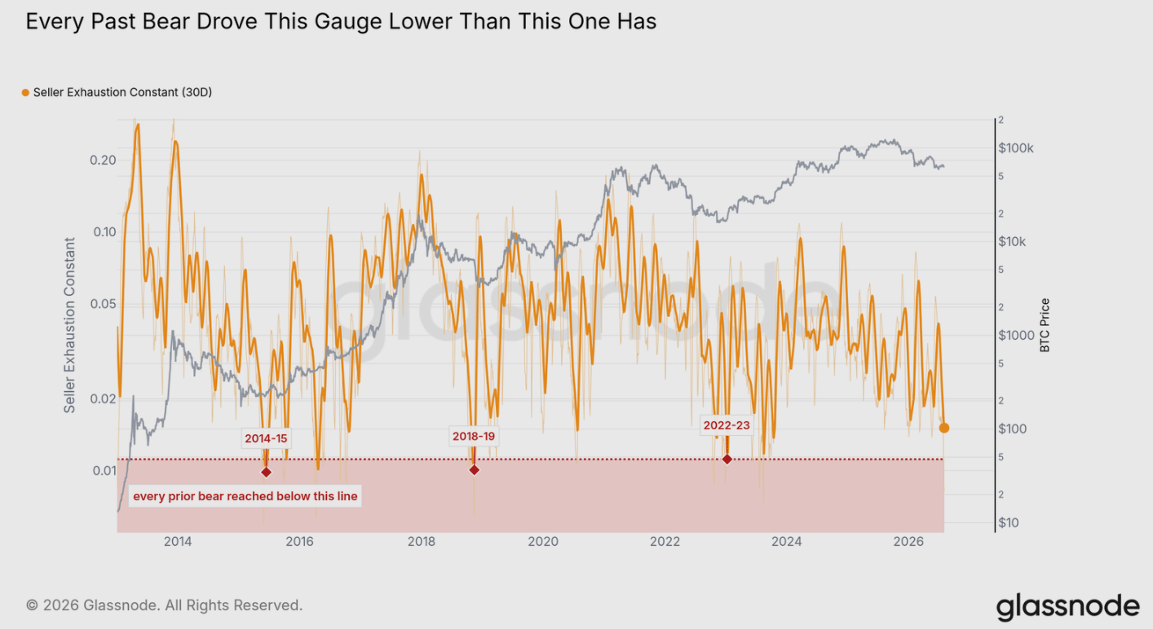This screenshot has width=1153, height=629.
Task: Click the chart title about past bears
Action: coord(341,22)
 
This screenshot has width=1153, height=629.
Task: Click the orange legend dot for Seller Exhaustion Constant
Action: coord(25,93)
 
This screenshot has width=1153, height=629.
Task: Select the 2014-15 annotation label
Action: coord(266,438)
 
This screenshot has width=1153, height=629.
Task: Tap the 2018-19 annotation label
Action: coord(474,436)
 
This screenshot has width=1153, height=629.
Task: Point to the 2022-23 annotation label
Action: coord(727,425)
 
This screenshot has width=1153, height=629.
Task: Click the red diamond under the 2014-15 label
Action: coord(266,472)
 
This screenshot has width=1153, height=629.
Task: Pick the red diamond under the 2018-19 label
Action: coord(474,469)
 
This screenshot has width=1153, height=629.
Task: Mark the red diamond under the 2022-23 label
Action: coord(727,459)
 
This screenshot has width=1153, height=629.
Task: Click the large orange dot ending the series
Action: coord(944,428)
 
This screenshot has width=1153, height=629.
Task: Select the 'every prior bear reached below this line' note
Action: coord(245,496)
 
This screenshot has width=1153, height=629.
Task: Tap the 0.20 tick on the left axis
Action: coord(103,160)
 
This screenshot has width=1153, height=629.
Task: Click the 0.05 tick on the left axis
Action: coord(103,303)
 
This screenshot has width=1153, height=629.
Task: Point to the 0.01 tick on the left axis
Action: coord(104,471)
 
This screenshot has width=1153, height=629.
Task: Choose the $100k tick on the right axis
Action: coord(1015,148)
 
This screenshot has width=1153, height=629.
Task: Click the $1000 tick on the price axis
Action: coord(1016,336)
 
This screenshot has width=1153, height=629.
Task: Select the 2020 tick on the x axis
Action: coord(543,541)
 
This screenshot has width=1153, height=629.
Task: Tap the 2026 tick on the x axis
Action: coord(908,541)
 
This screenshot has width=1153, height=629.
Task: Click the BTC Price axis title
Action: coord(1045,325)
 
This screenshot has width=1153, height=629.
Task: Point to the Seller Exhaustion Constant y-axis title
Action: coord(69,325)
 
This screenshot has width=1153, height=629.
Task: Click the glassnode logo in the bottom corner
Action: coord(1068,607)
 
